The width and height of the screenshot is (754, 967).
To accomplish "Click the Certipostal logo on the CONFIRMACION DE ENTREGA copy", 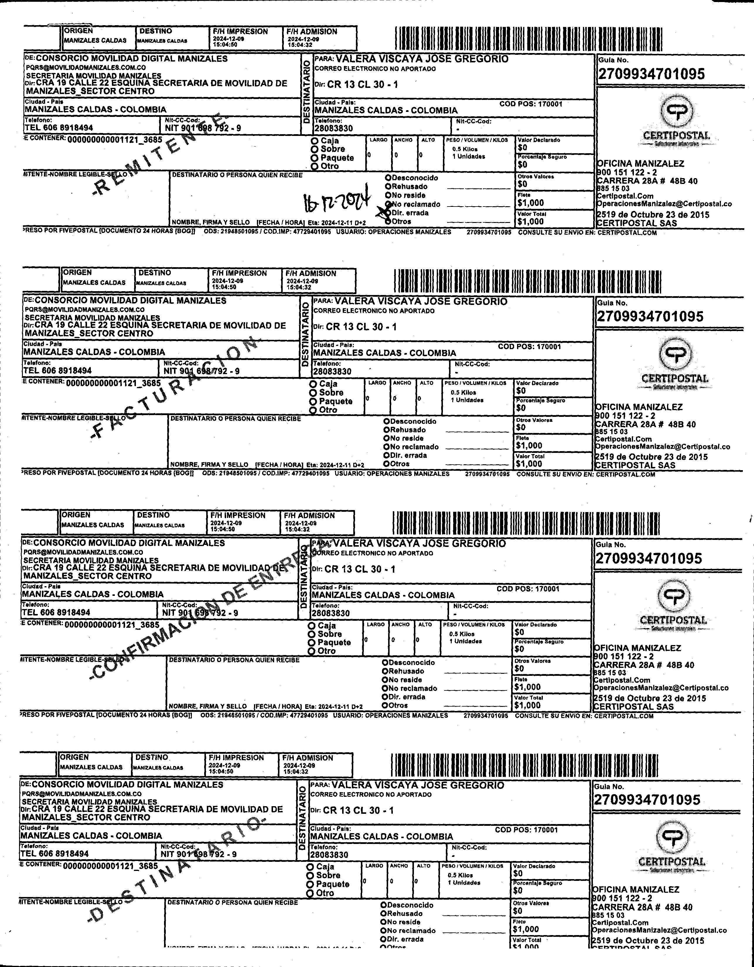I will click(673, 604).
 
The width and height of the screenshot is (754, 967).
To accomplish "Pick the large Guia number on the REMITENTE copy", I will click(651, 74).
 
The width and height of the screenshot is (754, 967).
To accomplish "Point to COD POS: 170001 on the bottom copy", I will click(526, 830).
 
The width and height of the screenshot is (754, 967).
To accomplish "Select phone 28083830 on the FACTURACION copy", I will click(332, 371).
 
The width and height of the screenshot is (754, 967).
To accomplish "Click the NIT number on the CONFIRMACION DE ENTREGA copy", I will click(200, 613).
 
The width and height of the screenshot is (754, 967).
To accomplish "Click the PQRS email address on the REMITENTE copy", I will click(86, 67).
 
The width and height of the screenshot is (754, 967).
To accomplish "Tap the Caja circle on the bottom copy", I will click(311, 867).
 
